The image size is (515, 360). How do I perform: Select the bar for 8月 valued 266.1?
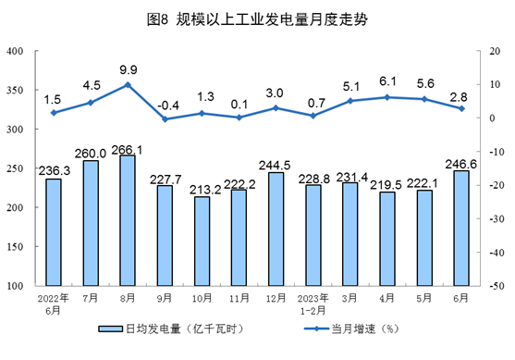tap(128, 220)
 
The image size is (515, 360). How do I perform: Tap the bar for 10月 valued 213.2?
tap(202, 241)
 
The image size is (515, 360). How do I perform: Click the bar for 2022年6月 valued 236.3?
tap(54, 231)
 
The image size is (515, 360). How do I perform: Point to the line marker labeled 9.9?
tap(128, 84)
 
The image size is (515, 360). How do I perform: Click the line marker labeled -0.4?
tap(165, 119)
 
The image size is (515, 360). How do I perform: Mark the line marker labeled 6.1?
tap(386, 97)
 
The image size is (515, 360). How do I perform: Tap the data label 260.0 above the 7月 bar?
tap(91, 153)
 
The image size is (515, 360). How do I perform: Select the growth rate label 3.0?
tap(276, 93)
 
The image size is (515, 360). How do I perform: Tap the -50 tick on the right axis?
tap(496, 286)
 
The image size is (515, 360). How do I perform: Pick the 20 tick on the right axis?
tap(496, 51)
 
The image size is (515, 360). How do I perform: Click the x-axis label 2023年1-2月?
tap(313, 304)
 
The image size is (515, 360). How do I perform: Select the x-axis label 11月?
tap(239, 299)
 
